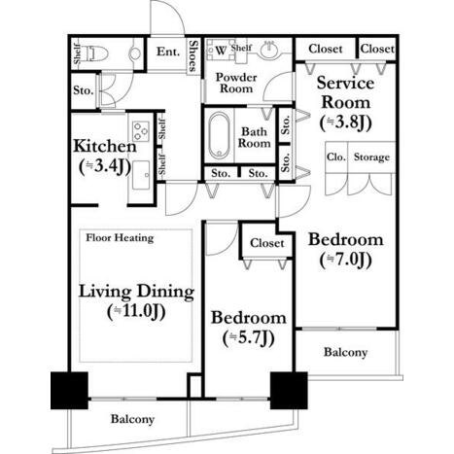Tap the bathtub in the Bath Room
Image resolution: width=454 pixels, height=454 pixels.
pyautogui.click(x=219, y=136)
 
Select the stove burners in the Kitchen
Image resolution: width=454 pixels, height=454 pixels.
pyautogui.click(x=141, y=131)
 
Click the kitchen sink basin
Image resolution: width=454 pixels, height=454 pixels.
pyautogui.click(x=140, y=175)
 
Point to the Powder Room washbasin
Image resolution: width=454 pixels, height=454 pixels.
pyautogui.click(x=269, y=50)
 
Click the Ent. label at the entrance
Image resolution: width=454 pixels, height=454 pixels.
pyautogui.click(x=168, y=52)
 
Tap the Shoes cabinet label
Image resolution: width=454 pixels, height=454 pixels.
pyautogui.click(x=192, y=55)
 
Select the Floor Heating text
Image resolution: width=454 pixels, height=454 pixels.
pyautogui.click(x=120, y=238)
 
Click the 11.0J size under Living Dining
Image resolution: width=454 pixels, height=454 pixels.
pyautogui.click(x=136, y=312)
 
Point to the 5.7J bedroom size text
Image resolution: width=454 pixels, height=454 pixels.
pyautogui.click(x=249, y=338)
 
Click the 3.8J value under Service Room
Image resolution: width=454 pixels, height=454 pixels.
pyautogui.click(x=345, y=122)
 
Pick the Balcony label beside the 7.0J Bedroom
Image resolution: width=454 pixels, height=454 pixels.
pyautogui.click(x=345, y=352)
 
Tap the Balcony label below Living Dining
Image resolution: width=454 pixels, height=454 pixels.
pyautogui.click(x=132, y=419)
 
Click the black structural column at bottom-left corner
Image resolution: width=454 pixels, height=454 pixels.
pyautogui.click(x=69, y=391)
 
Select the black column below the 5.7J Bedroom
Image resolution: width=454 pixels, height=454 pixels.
pyautogui.click(x=289, y=391)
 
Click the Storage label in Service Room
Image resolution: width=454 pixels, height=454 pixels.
pyautogui.click(x=371, y=157)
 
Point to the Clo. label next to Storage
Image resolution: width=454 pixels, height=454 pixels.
pyautogui.click(x=336, y=157)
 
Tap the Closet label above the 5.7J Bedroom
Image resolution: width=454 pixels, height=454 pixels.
pyautogui.click(x=267, y=243)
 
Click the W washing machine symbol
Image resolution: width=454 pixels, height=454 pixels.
pyautogui.click(x=221, y=51)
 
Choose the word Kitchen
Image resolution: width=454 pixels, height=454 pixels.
pyautogui.click(x=105, y=147)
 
